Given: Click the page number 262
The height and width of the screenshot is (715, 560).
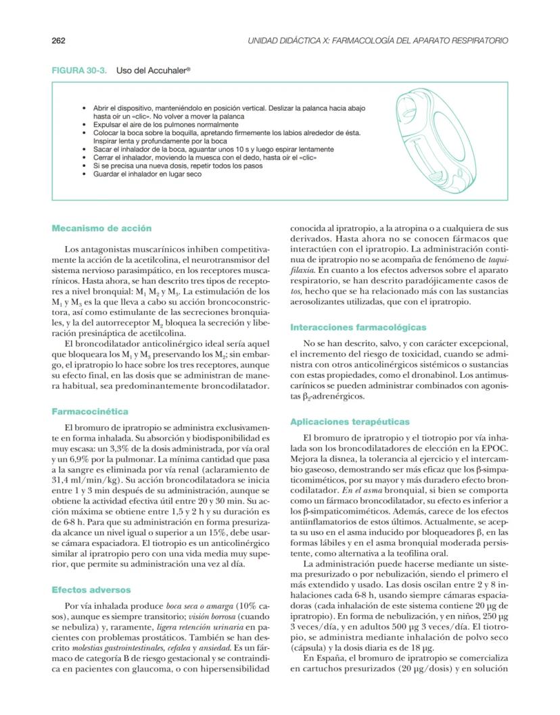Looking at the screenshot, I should pos(58,41).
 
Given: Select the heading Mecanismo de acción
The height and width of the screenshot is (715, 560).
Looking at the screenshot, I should pos(101,228).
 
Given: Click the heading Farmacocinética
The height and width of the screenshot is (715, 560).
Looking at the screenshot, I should pos(90,411).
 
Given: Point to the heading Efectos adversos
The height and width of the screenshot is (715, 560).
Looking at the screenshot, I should pos(91,590).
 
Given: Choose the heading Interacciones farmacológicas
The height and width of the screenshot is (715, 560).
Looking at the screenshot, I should pos(358,327).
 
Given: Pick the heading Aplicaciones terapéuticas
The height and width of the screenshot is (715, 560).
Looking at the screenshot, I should pos(349,422).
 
